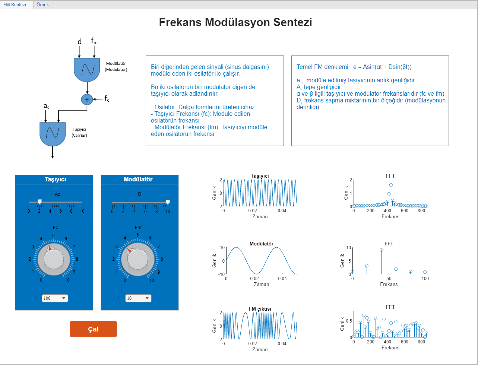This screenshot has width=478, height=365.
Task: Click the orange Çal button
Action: click(93, 329)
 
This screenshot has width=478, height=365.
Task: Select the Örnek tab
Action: click(43, 5)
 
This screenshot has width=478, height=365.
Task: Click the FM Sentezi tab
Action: click(15, 5)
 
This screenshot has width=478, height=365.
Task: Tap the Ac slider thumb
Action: click(39, 202)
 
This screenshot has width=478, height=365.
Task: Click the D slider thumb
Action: click(168, 202)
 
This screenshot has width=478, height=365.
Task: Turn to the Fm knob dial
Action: click(137, 259)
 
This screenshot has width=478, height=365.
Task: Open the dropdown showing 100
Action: click(55, 298)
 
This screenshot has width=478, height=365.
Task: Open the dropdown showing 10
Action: click(138, 298)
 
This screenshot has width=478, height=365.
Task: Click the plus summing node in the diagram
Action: click(87, 99)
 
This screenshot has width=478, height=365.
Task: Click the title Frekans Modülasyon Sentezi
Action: click(235, 22)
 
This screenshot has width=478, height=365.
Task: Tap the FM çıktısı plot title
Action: click(260, 309)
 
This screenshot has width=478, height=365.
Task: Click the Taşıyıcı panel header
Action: click(56, 180)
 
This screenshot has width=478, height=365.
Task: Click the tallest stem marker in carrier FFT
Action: click(391, 185)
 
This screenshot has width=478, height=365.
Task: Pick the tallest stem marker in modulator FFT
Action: click(381, 250)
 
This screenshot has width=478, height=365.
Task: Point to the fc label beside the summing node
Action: click(107, 99)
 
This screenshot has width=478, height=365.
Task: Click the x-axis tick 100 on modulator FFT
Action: click(425, 279)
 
